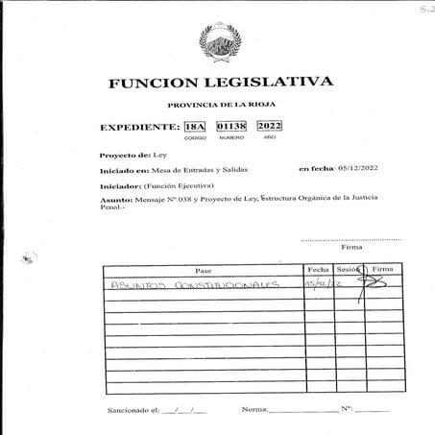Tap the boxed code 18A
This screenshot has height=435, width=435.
click(x=195, y=126)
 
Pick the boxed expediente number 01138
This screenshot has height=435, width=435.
click(x=231, y=126)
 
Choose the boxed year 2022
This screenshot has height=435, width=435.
click(x=270, y=126)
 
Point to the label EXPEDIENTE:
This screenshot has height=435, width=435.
click(x=140, y=127)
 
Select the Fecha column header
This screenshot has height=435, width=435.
click(x=318, y=270)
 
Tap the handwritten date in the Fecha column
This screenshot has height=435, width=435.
click(x=318, y=285)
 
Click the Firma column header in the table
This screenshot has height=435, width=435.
click(x=383, y=270)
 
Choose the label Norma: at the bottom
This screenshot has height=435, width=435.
click(x=254, y=410)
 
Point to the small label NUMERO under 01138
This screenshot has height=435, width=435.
click(x=231, y=138)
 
